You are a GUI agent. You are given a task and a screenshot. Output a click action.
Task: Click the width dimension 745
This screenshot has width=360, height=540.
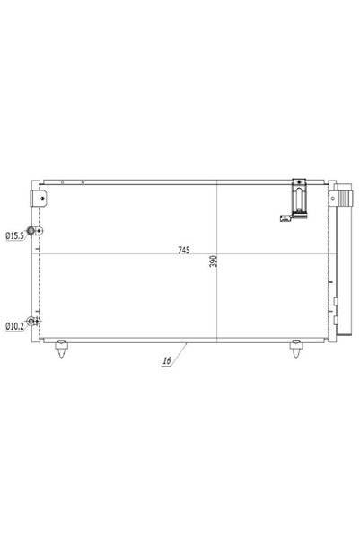pyautogui.click(x=184, y=250)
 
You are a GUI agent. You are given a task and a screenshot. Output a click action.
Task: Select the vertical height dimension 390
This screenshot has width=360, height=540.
pyautogui.click(x=214, y=261)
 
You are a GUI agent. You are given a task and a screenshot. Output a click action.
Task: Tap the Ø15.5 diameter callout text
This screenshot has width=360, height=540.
pyautogui.click(x=14, y=236)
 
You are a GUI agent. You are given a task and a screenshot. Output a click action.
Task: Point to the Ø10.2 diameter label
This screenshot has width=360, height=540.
pyautogui.click(x=14, y=326)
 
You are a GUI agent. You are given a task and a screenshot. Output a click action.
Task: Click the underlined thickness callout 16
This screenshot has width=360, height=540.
pyautogui.click(x=167, y=361)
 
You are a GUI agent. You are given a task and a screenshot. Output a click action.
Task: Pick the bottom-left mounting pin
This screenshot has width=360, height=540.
pyautogui.click(x=61, y=349)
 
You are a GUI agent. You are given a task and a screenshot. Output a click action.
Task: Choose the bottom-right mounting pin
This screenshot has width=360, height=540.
pyautogui.click(x=296, y=349)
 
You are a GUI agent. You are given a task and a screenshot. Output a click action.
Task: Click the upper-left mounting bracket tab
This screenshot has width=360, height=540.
pyautogui.click(x=39, y=199)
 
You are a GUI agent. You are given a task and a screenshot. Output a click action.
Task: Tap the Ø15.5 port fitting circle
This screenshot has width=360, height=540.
pyautogui.click(x=30, y=230)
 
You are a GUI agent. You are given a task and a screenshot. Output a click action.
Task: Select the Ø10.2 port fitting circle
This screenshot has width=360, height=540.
pyautogui.click(x=31, y=322)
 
